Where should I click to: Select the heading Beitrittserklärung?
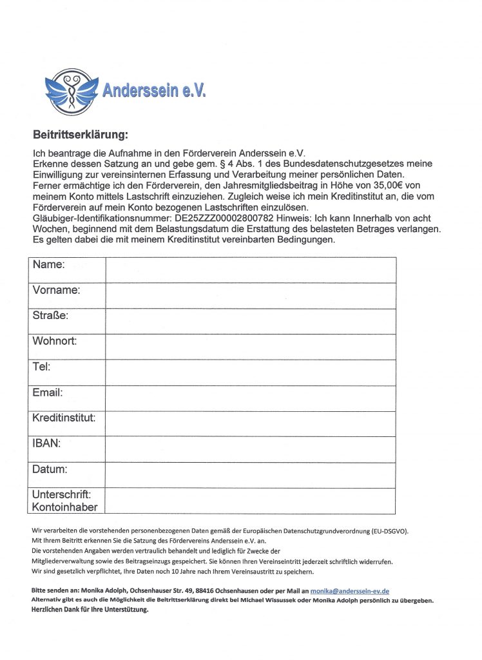81,135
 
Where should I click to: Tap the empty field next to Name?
251,270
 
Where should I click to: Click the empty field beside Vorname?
251,296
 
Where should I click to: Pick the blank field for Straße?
251,321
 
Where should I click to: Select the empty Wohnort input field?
251,347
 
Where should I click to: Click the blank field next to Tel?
251,373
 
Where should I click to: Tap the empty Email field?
251,398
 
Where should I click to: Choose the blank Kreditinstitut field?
251,423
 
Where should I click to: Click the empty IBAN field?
251,449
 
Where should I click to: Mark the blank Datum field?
251,475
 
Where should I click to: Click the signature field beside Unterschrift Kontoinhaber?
251,501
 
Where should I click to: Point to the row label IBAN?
46,444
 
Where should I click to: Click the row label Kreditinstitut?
64,418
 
